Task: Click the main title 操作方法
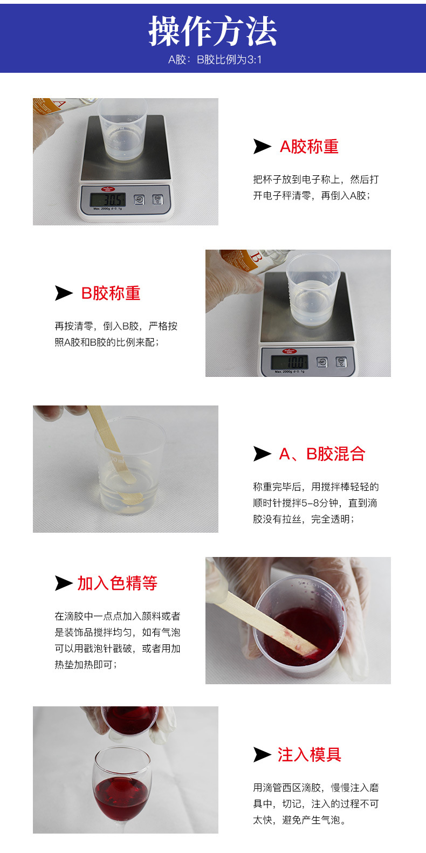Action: pos(212,31)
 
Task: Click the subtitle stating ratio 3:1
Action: pos(215,60)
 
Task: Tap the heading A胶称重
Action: pos(309,147)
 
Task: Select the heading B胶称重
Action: pos(111,293)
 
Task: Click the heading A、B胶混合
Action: pos(322,454)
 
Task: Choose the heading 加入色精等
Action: pos(117,583)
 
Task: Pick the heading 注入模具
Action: pos(309,755)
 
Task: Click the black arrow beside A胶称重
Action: pos(262,147)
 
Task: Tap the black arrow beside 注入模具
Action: pos(262,755)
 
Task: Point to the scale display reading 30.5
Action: pos(108,200)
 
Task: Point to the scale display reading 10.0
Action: pos(289,362)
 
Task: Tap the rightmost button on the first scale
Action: pos(157,199)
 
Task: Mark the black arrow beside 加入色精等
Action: pos(64,583)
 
